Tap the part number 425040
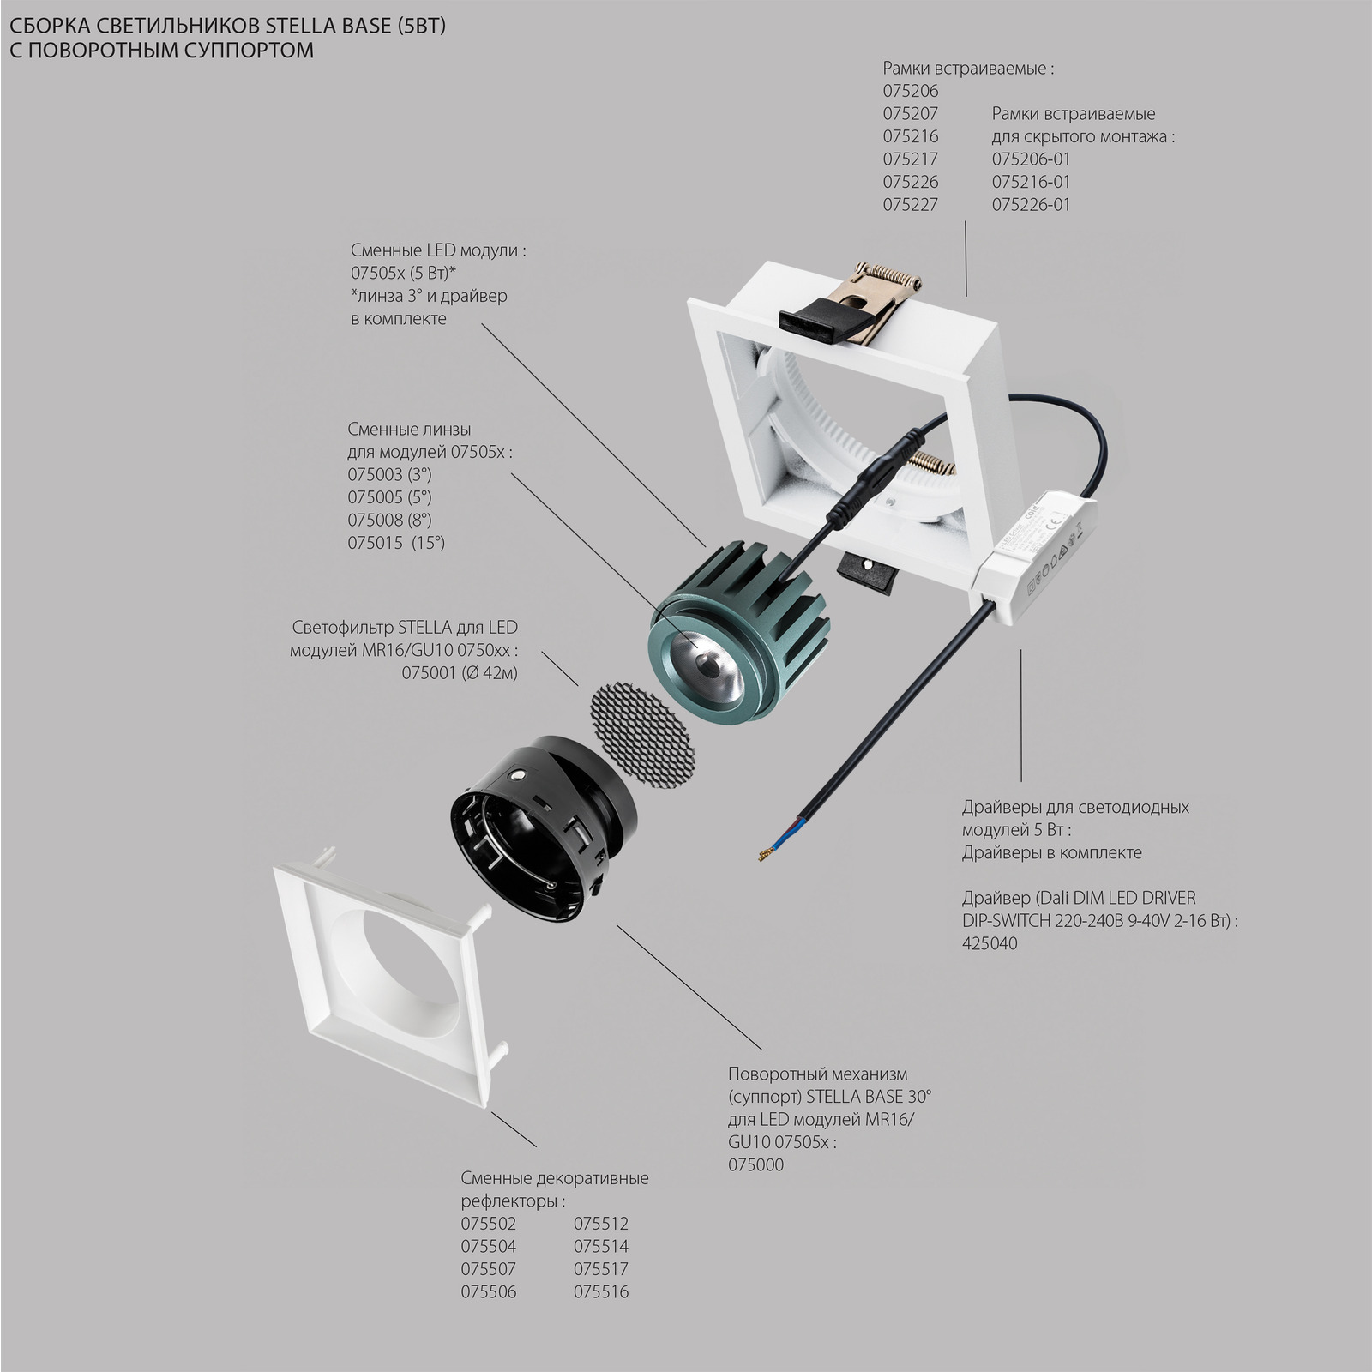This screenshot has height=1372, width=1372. pos(990,943)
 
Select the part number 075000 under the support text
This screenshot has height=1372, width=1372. pos(755,1164)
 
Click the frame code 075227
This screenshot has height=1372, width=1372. pos(911,204)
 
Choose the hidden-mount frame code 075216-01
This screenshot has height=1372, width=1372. pos(1032,181)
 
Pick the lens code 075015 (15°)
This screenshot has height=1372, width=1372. pos(396,542)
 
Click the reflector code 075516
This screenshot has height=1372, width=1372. pos(601,1291)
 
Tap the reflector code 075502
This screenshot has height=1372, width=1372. pos(489,1224)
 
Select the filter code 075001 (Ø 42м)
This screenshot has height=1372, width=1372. pos(460,673)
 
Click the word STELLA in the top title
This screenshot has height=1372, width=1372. pos(266,27)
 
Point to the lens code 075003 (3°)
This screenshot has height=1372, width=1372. pos(389,474)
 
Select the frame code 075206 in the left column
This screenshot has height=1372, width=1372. pos(911,90)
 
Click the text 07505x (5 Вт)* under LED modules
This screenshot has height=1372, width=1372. pos(403,273)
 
